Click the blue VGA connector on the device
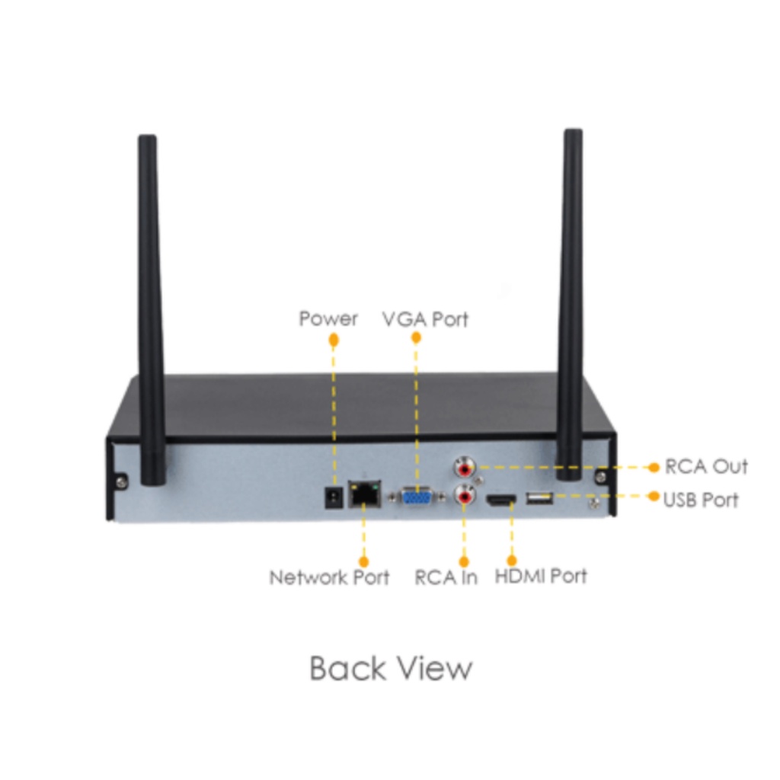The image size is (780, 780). coord(417,497)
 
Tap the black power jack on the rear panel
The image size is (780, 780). coord(334,497)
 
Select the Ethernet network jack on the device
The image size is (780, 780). coord(365,494)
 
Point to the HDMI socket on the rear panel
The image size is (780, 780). coord(501,500)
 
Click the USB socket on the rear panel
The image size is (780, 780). coord(540,498)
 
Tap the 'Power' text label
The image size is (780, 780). coord(328,319)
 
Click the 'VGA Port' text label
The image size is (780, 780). coord(425,319)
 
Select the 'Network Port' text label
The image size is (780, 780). coord(329,577)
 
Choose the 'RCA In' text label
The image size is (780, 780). coord(446,577)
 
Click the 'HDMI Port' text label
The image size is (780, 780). coord(542,577)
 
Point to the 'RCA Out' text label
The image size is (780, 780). coord(706,467)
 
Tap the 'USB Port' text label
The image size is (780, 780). coord(701,500)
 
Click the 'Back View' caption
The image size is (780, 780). coord(391,668)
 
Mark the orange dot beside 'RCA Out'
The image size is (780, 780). coord(654,467)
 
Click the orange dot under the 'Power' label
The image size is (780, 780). coord(334,340)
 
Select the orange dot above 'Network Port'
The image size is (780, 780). coord(363,561)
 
